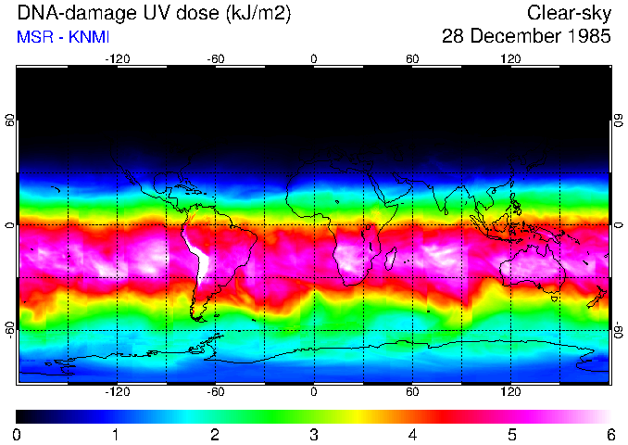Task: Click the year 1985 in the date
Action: pyautogui.click(x=588, y=37)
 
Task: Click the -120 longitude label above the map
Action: pyautogui.click(x=117, y=59)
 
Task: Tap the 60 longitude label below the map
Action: pyautogui.click(x=412, y=391)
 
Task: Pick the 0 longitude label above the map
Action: pyautogui.click(x=314, y=59)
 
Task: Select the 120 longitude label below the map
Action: pyautogui.click(x=510, y=391)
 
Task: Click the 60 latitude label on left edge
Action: pyautogui.click(x=10, y=121)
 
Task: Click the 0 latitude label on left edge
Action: pyautogui.click(x=10, y=225)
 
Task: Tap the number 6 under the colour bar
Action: pyautogui.click(x=609, y=434)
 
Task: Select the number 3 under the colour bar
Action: pyautogui.click(x=313, y=434)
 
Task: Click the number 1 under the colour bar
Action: pyautogui.click(x=116, y=434)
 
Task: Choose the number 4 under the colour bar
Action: pyautogui.click(x=412, y=434)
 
